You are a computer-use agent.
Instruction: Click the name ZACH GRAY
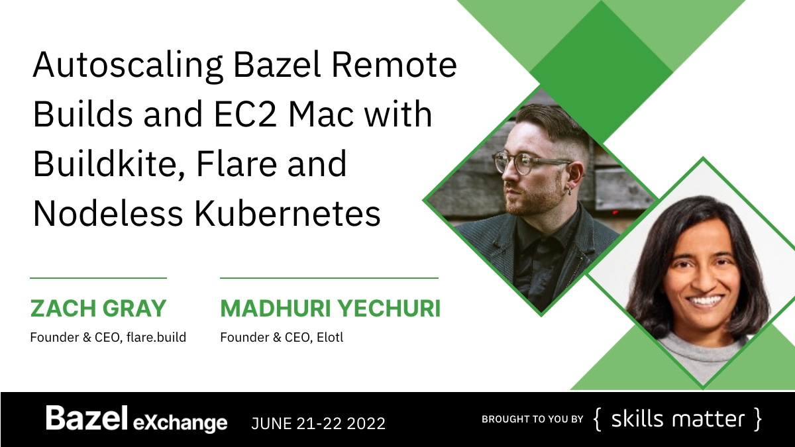click(x=98, y=309)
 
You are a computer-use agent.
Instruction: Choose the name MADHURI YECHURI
click(x=330, y=309)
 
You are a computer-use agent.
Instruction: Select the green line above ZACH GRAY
click(x=98, y=278)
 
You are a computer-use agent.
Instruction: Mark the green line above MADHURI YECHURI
click(x=329, y=278)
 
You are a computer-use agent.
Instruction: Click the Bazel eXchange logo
click(x=136, y=420)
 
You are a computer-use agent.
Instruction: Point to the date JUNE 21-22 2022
click(x=319, y=422)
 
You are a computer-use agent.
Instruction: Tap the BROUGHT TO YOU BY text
click(x=532, y=419)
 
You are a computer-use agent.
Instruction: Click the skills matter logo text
click(x=677, y=419)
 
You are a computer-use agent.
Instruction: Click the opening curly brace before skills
click(x=598, y=420)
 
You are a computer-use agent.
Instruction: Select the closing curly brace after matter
click(x=757, y=420)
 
